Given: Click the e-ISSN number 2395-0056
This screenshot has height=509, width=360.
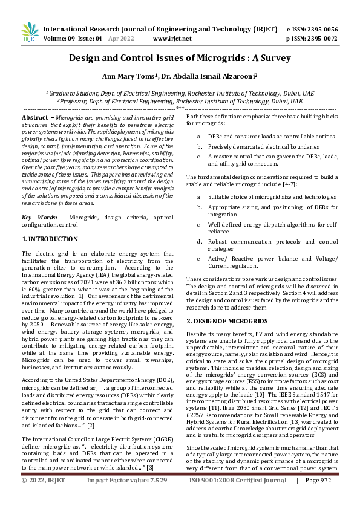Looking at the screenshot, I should (x=322, y=28).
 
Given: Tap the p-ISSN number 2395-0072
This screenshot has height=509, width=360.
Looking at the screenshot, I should (x=322, y=38).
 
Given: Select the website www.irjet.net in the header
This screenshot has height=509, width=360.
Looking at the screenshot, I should (x=172, y=38).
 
